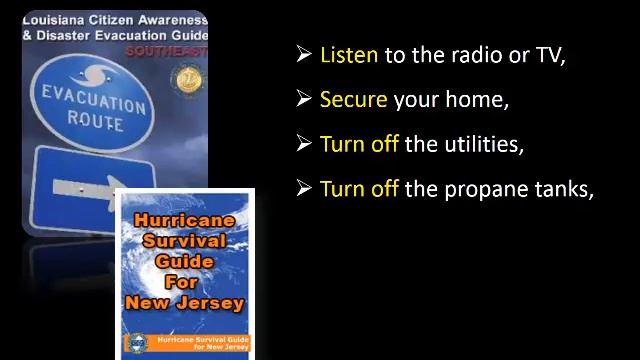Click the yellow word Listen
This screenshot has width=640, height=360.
pyautogui.click(x=348, y=55)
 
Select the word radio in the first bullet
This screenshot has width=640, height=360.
pyautogui.click(x=464, y=55)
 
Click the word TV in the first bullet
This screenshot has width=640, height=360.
pyautogui.click(x=549, y=55)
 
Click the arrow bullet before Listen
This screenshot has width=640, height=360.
pyautogui.click(x=304, y=55)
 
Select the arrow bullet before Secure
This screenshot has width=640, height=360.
pyautogui.click(x=304, y=99)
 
